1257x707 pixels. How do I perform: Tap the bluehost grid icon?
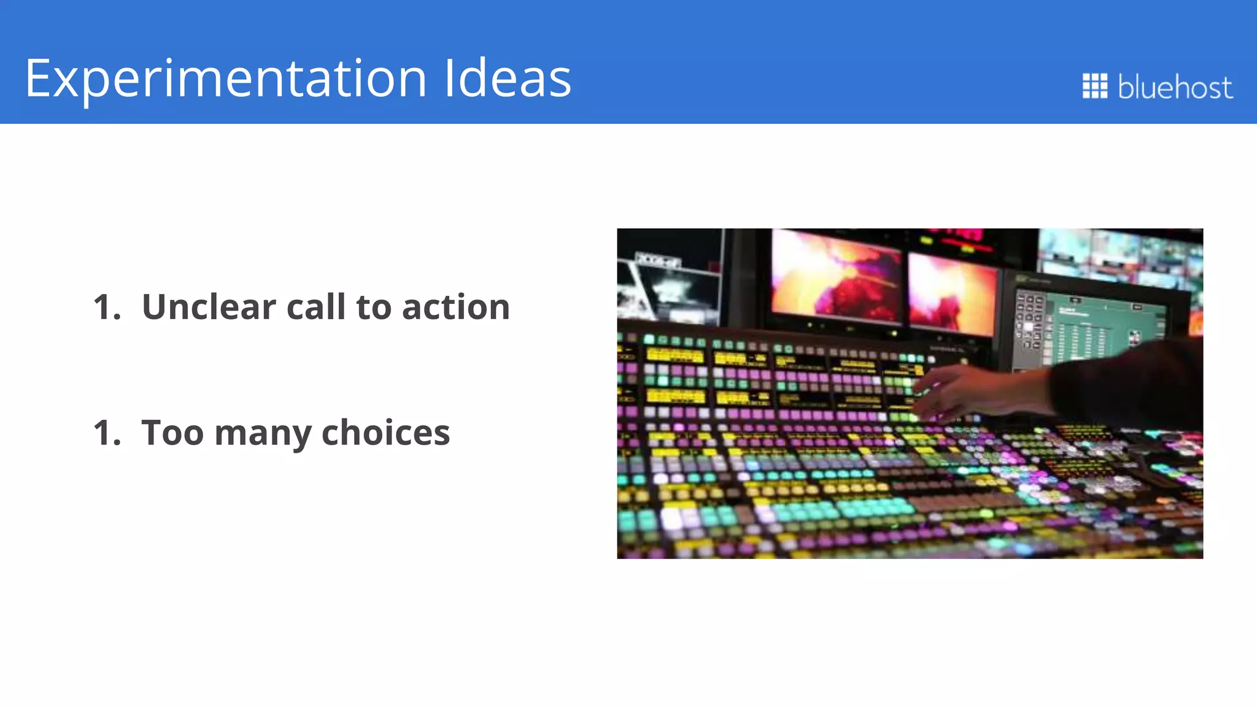[1094, 86]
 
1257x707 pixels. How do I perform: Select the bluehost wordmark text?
[1175, 87]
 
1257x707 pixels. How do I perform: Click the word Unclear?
[209, 307]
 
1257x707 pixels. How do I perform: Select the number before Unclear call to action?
[107, 307]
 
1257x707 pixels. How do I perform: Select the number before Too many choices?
[107, 433]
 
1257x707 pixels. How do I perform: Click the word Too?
[172, 433]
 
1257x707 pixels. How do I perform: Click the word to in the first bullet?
[373, 307]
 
